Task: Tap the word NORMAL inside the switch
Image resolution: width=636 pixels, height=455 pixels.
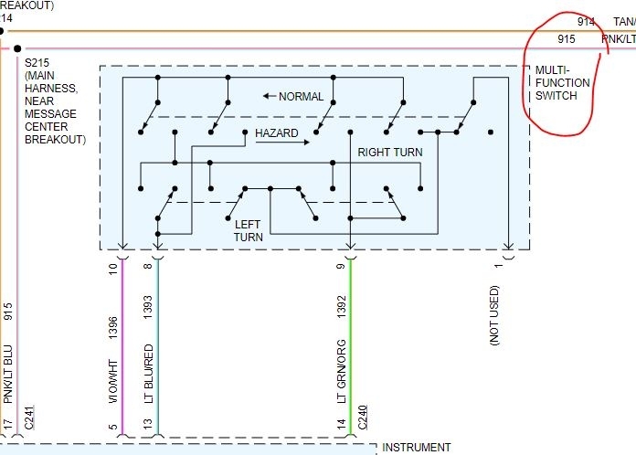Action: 301,96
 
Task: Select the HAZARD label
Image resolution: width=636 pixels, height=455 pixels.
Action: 276,133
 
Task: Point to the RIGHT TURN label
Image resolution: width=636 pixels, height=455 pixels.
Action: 389,152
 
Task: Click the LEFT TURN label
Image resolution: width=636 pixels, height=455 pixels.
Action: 248,230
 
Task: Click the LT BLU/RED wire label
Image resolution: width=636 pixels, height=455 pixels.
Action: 148,376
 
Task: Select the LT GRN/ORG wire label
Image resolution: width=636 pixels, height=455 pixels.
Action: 342,376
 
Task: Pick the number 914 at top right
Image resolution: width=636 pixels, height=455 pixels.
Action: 586,21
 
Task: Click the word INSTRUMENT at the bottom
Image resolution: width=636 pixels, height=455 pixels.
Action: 416,448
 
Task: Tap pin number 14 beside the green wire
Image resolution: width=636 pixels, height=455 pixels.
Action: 342,424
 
